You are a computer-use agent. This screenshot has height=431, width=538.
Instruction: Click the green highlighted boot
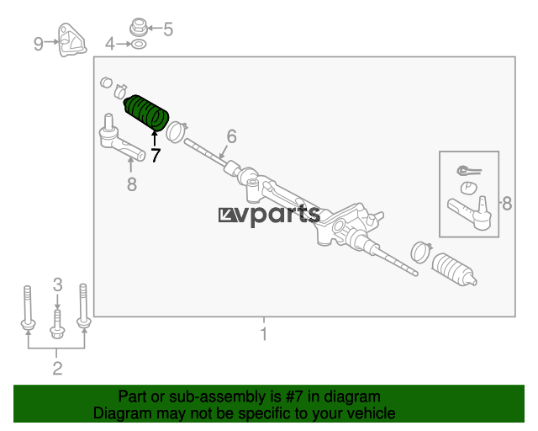click(x=146, y=113)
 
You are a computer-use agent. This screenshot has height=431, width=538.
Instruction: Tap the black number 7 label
click(x=156, y=156)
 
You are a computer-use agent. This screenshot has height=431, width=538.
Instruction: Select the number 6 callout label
click(x=232, y=136)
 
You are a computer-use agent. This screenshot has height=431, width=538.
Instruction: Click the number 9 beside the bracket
click(x=39, y=44)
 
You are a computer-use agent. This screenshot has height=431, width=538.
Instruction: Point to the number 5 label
click(x=168, y=29)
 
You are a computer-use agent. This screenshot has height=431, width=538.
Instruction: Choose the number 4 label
click(x=110, y=44)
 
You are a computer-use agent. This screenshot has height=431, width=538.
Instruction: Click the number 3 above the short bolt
click(x=58, y=285)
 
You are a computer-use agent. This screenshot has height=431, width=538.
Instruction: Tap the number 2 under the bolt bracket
click(x=57, y=368)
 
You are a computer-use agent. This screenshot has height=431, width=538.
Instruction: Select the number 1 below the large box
click(x=263, y=333)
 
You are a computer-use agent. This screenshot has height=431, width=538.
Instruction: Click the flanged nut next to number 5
click(x=139, y=27)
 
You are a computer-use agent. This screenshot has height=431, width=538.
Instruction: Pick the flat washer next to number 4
click(x=139, y=45)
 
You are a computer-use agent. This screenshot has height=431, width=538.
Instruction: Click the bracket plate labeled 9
click(x=71, y=40)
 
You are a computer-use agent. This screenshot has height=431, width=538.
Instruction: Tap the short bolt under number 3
click(x=57, y=323)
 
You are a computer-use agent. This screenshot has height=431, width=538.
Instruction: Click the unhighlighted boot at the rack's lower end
click(x=454, y=270)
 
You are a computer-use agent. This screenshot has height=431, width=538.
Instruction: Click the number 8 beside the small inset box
click(x=507, y=204)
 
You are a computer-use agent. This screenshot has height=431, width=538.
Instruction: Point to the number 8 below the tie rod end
click(x=132, y=184)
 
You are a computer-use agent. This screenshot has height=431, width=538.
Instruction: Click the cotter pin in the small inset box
click(x=469, y=170)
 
